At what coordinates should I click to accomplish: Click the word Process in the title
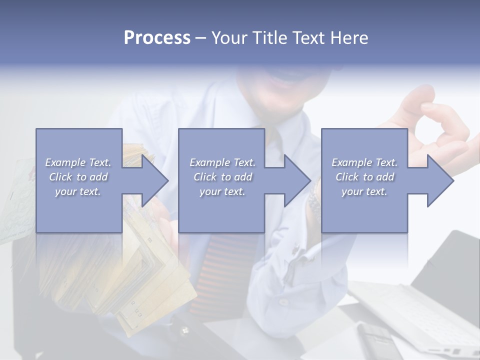click(157, 38)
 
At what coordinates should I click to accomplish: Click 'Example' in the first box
click(65, 162)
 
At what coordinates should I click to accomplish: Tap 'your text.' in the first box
click(78, 191)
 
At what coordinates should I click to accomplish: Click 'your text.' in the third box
click(364, 191)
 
